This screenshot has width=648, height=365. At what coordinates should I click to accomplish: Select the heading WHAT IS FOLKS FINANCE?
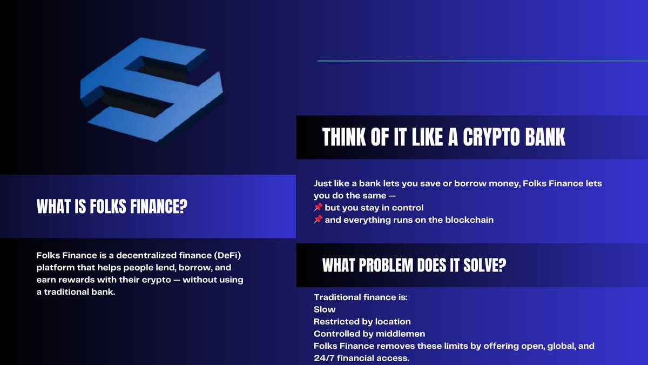[x=112, y=206]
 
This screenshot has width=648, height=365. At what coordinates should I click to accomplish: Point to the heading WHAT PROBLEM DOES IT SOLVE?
[x=414, y=265]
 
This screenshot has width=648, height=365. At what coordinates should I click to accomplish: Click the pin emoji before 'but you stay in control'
[x=318, y=208]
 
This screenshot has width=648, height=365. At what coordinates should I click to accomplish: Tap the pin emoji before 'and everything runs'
[x=318, y=220]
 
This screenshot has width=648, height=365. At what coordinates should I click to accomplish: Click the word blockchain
[x=470, y=220]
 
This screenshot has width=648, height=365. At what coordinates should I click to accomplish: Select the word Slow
[x=325, y=309]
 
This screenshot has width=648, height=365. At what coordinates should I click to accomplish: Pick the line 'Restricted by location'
[x=362, y=321]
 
